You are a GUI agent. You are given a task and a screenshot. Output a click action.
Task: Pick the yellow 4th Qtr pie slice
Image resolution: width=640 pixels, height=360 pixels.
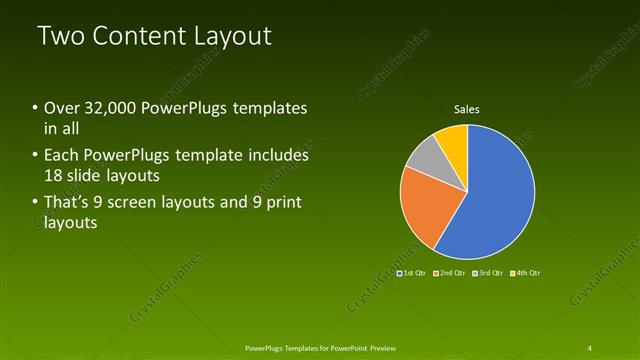(x=452, y=140)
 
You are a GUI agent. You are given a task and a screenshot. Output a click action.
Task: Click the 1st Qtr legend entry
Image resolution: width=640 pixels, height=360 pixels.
(x=412, y=272)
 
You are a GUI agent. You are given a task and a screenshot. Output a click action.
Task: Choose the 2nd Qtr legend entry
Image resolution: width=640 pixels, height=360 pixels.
(x=449, y=272)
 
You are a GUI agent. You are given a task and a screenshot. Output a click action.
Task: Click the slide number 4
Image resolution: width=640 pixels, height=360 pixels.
(x=589, y=347)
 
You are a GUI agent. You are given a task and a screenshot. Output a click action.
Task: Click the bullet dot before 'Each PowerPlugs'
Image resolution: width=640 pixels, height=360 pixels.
(x=36, y=156)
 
